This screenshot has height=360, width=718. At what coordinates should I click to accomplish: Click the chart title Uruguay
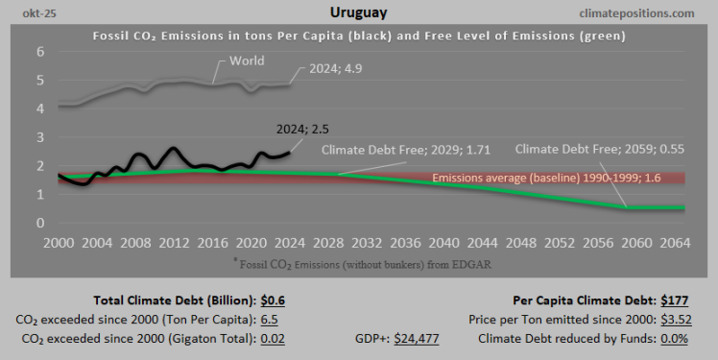[358, 13]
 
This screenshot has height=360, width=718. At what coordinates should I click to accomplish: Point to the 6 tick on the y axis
[40, 52]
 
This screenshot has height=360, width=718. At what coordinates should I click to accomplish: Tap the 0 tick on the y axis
[40, 223]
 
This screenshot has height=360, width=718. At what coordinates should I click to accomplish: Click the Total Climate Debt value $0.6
[272, 300]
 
